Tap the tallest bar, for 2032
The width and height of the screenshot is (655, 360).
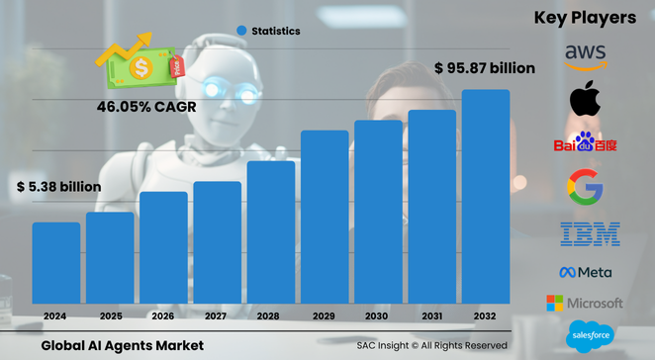[x=486, y=197]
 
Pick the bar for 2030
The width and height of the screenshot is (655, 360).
[x=378, y=212]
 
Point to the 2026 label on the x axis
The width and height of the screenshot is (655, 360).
[x=163, y=315]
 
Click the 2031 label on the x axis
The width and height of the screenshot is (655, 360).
[x=431, y=315]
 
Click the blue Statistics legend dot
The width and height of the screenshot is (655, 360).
[x=240, y=31]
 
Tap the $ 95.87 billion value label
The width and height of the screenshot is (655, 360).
[x=485, y=68]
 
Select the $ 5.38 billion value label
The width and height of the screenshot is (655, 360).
[x=58, y=186]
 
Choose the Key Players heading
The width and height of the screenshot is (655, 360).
[x=584, y=17]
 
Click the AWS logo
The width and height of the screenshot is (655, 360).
[x=586, y=56]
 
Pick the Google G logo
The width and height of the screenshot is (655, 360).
[x=585, y=187]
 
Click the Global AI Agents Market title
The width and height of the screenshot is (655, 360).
[x=123, y=345]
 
